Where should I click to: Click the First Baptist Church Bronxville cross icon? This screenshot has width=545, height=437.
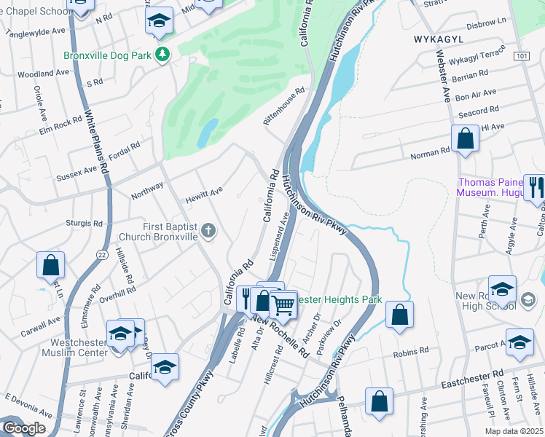(x=209, y=232)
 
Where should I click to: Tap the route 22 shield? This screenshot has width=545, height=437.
(x=101, y=252)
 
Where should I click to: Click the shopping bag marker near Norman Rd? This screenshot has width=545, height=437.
(x=465, y=138)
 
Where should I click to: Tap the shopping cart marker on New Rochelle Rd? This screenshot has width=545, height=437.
(x=283, y=304)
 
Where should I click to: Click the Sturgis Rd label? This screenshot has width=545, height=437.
(x=83, y=223)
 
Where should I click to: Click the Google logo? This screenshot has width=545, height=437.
(x=24, y=428)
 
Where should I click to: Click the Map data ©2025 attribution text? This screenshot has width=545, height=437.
(x=513, y=431)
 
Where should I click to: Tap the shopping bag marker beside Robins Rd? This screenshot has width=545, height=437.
(x=399, y=314)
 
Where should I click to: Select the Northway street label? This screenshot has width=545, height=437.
(x=147, y=192)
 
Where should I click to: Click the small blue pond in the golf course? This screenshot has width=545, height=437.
(x=207, y=133)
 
